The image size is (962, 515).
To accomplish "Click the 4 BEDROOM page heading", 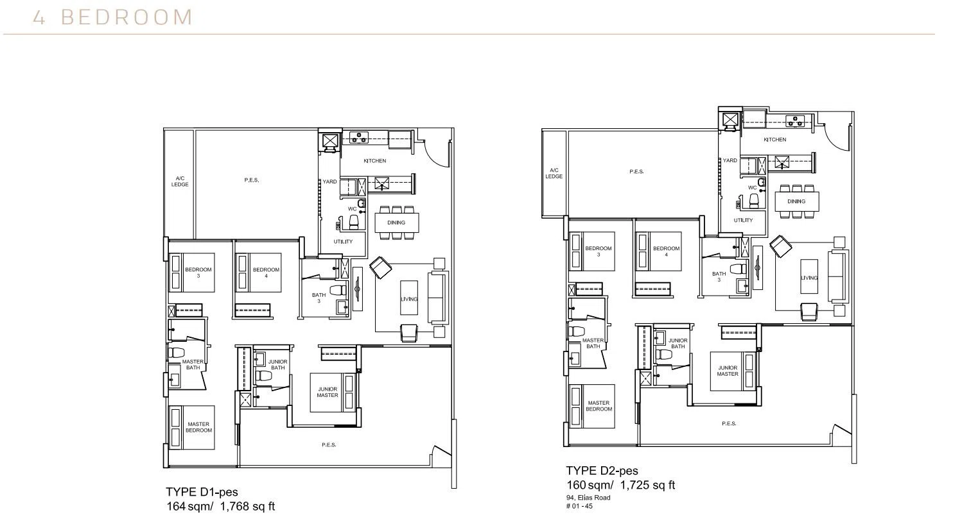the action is pyautogui.click(x=113, y=17).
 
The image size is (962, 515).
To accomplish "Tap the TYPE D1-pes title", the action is pyautogui.click(x=202, y=492).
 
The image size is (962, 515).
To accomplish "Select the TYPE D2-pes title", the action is pyautogui.click(x=602, y=470).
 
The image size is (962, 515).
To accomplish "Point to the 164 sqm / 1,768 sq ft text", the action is pyautogui.click(x=221, y=507).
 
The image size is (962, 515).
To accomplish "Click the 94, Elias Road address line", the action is pyautogui.click(x=588, y=498).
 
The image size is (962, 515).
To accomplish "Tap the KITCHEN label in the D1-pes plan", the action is pyautogui.click(x=375, y=161).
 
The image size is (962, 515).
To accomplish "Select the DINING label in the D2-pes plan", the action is pyautogui.click(x=796, y=201).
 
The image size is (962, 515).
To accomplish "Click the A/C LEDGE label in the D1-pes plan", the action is pyautogui.click(x=180, y=182).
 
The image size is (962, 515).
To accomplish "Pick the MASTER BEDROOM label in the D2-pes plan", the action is pyautogui.click(x=599, y=406).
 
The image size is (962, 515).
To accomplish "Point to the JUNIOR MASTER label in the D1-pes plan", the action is pyautogui.click(x=328, y=393).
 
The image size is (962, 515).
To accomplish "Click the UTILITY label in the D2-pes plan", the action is pyautogui.click(x=744, y=220).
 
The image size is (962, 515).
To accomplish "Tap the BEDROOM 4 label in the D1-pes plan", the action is pyautogui.click(x=267, y=273).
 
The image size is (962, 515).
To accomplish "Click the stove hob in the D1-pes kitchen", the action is pyautogui.click(x=359, y=138).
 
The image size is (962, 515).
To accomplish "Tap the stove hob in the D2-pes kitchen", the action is pyautogui.click(x=795, y=121).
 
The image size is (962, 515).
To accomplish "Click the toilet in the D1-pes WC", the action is pyautogui.click(x=354, y=221).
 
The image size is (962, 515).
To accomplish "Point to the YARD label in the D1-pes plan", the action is pyautogui.click(x=330, y=182).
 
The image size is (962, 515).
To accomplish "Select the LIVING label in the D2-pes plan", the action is pyautogui.click(x=809, y=278).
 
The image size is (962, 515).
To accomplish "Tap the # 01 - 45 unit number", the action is pyautogui.click(x=579, y=506).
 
